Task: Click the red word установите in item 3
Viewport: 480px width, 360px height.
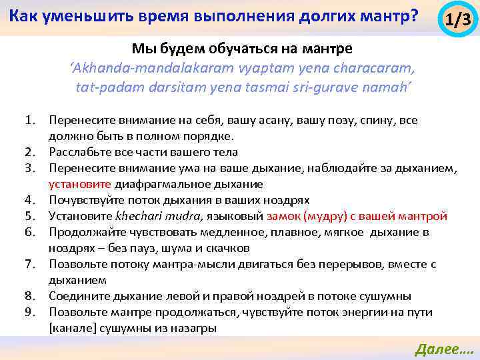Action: [80, 184]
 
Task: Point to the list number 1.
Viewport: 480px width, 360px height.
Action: [30, 121]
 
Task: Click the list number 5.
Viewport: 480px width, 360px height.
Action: [30, 216]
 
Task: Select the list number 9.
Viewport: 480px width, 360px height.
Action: [30, 312]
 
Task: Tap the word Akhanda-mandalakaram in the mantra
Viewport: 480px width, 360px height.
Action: [130, 69]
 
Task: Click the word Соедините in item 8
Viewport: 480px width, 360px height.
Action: [77, 296]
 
